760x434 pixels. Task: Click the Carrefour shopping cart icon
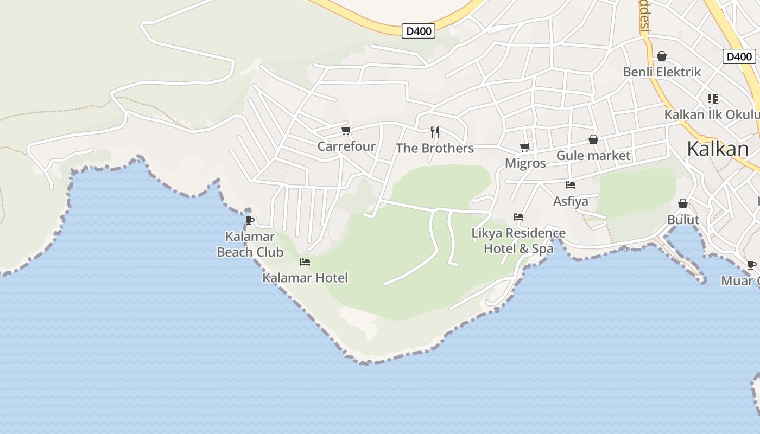coord(346,130)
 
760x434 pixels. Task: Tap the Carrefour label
coord(346,146)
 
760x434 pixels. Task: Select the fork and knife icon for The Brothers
coord(434,132)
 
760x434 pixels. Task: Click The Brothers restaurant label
coord(435,149)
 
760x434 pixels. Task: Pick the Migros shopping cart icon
coord(524,147)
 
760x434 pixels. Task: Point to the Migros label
coord(525,163)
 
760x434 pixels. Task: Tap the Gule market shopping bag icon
coord(593,140)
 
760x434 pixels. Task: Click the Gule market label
coord(593,156)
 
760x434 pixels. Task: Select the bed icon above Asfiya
coord(570,185)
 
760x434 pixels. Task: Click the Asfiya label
coord(571,202)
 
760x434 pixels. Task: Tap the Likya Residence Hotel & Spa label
coord(518,241)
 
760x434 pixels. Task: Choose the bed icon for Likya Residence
coord(518,217)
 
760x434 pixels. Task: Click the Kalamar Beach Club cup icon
coord(249,220)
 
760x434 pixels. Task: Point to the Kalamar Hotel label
coord(305,278)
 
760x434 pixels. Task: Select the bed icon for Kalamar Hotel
coord(305,262)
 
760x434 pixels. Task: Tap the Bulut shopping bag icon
coord(683,203)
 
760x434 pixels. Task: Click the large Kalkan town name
coord(718,149)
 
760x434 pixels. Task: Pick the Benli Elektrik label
coord(662,72)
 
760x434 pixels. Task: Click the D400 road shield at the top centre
coord(419,31)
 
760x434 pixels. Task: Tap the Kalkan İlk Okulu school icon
coord(713,99)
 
